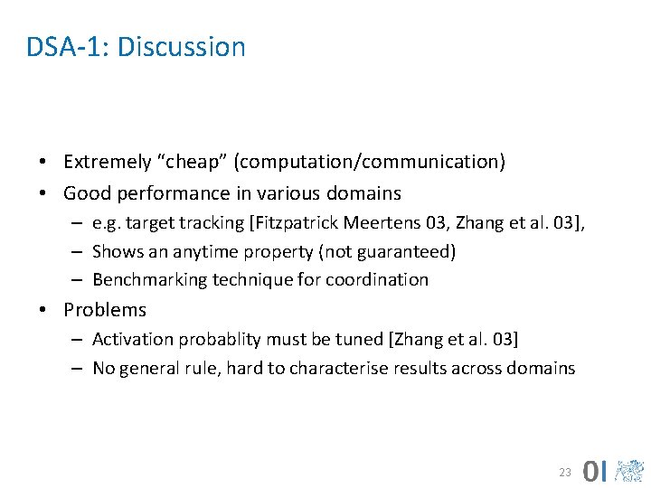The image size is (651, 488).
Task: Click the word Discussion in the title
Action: [181, 47]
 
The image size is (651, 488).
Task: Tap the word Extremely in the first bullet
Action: [108, 162]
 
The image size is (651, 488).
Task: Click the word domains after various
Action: [366, 193]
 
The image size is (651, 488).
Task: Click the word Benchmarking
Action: [150, 280]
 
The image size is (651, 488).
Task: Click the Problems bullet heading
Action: [105, 310]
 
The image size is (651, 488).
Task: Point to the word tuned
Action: [353, 340]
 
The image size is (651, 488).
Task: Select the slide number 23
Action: [565, 473]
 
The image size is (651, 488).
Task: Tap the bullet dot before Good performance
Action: [43, 193]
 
